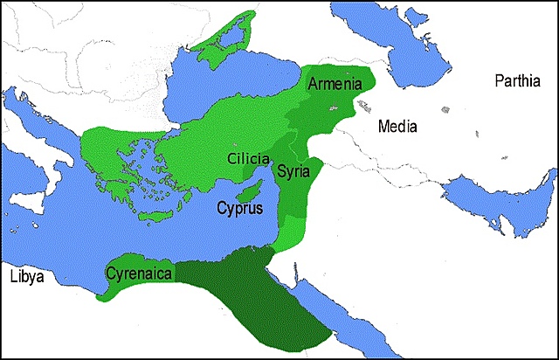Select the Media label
(397, 127)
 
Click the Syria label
(293, 172)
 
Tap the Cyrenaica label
(140, 273)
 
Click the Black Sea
(236, 87)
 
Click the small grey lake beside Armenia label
(332, 106)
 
